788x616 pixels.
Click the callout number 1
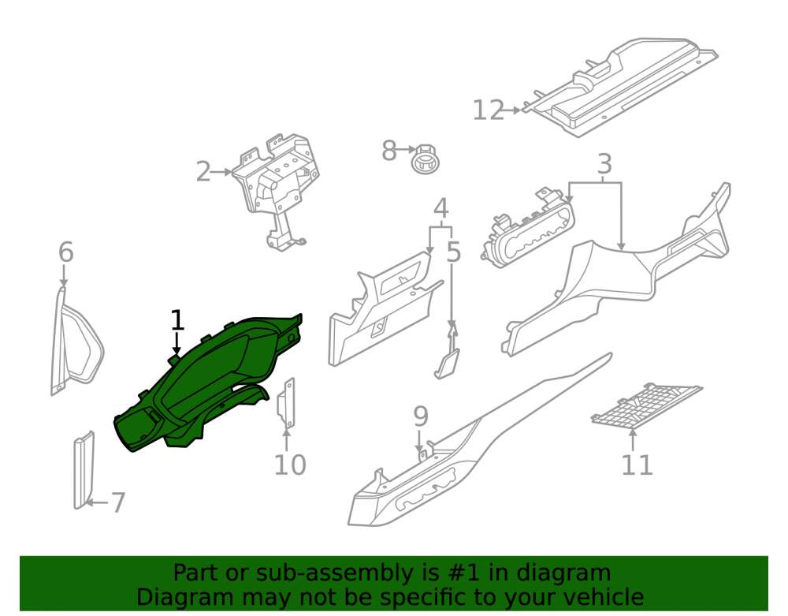pyautogui.click(x=177, y=319)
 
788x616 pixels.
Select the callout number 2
pyautogui.click(x=203, y=172)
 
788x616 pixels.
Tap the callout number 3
pyautogui.click(x=604, y=164)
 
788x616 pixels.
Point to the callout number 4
pyautogui.click(x=440, y=207)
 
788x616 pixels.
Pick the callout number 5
pyautogui.click(x=453, y=252)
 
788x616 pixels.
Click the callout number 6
pyautogui.click(x=66, y=252)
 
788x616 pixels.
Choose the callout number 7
pyautogui.click(x=117, y=503)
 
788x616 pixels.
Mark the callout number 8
pyautogui.click(x=389, y=151)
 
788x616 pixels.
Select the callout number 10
pyautogui.click(x=290, y=465)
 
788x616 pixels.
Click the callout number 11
pyautogui.click(x=637, y=465)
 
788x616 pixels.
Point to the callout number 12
pyautogui.click(x=488, y=110)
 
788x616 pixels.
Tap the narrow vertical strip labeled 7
pyautogui.click(x=84, y=470)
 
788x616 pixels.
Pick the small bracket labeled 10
pyautogui.click(x=286, y=403)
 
